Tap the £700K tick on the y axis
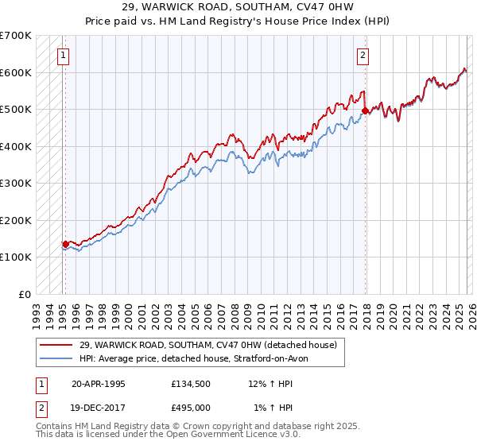tap(16, 36)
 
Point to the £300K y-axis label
tap(16, 184)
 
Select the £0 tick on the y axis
tap(26, 294)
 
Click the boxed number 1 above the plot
tap(63, 56)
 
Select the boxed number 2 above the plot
tap(363, 56)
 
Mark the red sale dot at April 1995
tap(65, 245)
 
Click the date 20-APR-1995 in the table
tap(98, 383)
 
